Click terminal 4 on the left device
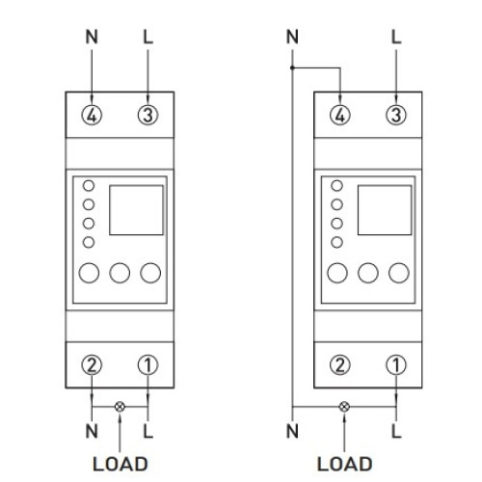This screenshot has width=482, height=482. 92,115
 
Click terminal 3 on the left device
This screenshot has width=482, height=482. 147,115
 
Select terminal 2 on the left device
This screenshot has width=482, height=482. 92,365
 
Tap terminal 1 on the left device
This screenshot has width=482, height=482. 147,365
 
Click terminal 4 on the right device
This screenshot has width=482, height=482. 340,115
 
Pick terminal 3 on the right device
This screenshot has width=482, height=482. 396,115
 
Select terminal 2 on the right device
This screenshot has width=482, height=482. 340,365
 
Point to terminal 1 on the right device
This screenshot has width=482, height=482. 396,365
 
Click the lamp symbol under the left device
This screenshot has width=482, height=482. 120,407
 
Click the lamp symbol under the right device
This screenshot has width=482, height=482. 344,407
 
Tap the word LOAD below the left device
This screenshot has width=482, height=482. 120,464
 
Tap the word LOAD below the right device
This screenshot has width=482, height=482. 344,464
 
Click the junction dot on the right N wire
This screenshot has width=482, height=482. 292,67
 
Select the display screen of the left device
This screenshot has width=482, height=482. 136,210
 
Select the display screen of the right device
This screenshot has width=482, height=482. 385,210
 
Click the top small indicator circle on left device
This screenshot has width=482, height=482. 89,186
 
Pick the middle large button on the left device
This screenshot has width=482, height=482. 120,273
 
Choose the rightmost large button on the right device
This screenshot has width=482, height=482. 399,273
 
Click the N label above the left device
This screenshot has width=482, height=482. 92,37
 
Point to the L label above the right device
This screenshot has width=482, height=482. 396,37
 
